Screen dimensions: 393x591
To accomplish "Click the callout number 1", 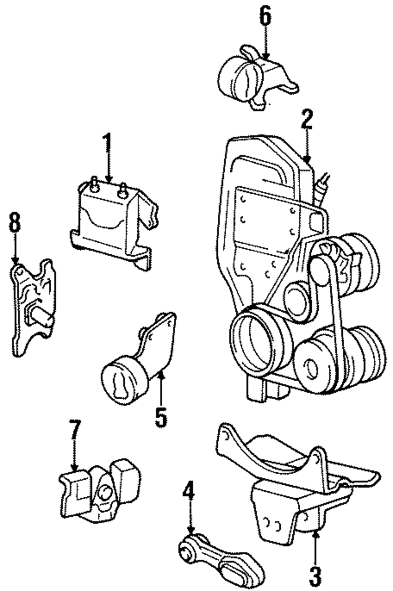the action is [107, 143].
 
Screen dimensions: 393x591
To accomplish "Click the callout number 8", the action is [15, 222].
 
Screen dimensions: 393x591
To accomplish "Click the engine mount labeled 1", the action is [114, 222].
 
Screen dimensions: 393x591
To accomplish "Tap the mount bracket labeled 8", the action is [33, 307].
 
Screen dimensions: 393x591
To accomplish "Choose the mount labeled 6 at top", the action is [258, 78].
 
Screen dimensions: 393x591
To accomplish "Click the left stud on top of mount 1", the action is [94, 184].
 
